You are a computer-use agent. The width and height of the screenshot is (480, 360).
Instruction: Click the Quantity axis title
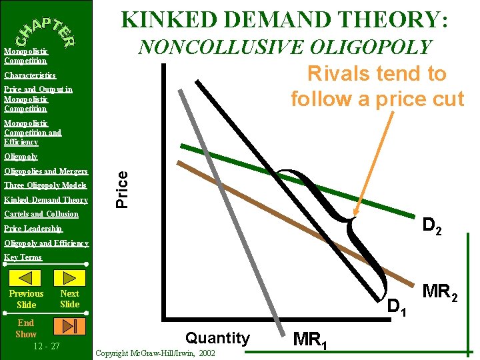[217, 338]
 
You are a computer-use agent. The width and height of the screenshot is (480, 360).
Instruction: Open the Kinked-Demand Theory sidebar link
[46, 200]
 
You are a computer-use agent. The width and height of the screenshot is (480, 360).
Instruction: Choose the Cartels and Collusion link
[41, 214]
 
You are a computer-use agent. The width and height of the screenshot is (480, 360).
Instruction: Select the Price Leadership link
[33, 229]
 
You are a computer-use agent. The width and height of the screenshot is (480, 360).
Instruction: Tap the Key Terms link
[23, 257]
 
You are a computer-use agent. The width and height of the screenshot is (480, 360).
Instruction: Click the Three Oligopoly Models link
[45, 185]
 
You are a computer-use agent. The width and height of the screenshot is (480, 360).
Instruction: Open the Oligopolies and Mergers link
[46, 171]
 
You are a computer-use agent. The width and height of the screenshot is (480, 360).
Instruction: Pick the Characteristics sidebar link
[30, 75]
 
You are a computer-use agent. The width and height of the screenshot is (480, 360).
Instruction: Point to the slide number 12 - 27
[47, 346]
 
